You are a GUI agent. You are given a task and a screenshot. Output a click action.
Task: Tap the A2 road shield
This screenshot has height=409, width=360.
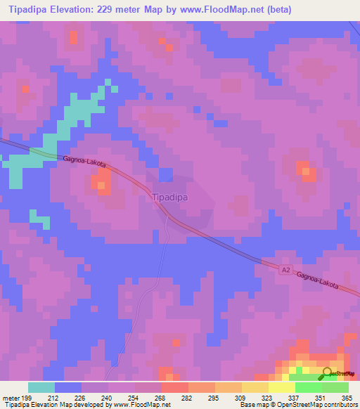(285, 269)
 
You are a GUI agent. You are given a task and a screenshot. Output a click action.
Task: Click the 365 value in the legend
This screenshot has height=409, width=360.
(347, 397)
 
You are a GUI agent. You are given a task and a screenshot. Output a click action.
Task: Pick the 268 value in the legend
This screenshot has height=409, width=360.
(161, 397)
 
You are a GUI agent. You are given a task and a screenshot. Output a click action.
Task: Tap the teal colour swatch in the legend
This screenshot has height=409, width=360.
(41, 387)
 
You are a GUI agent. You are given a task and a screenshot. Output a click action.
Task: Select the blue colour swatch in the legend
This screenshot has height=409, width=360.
(68, 387)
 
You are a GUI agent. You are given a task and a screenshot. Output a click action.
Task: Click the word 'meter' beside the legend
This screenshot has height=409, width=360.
(10, 397)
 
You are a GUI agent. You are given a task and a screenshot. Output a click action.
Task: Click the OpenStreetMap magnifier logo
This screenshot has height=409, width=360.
(327, 372)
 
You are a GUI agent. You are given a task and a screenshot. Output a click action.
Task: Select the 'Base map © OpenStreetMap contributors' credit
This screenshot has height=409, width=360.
(297, 405)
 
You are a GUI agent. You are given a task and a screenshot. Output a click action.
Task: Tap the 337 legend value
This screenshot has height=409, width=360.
(295, 397)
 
